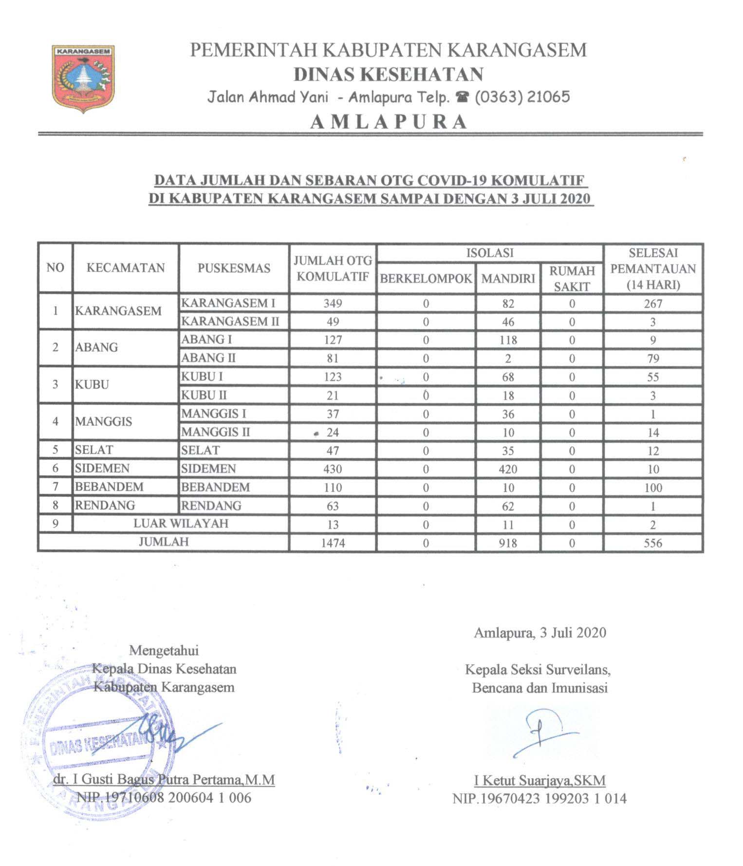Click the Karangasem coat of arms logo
pos(83,78)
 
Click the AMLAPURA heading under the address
pos(388,121)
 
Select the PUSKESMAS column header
pos(234,268)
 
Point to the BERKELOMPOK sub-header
pos(426,279)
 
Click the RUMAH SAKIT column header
pos(572,279)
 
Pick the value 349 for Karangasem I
pos(333,303)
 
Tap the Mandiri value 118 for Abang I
pos(507,340)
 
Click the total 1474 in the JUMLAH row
pos(333,543)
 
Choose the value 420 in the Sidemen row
pos(507,469)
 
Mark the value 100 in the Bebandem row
pos(652,488)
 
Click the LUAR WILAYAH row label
pos(181,524)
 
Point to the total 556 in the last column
pos(652,543)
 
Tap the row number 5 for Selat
pos(56,450)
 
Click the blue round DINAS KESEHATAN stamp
pos(97,745)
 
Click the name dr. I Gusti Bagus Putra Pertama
pos(165,780)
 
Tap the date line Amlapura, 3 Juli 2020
pos(540,633)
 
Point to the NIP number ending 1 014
pos(539,799)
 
